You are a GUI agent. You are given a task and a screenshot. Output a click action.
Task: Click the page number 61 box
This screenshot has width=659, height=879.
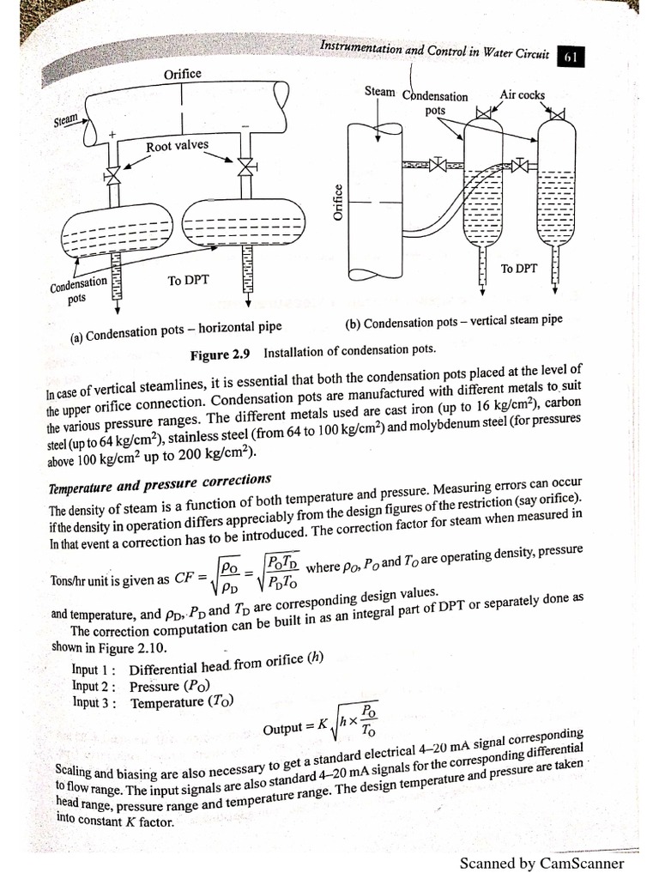pos(571,57)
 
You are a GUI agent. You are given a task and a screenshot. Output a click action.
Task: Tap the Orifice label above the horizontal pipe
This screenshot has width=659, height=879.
pos(182,74)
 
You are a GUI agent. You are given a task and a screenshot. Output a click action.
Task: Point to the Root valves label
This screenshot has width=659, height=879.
pos(177,146)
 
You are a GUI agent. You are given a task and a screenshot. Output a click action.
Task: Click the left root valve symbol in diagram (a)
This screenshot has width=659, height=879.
pos(112,177)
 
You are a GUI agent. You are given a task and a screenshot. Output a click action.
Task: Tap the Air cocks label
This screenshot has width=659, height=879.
pos(522,95)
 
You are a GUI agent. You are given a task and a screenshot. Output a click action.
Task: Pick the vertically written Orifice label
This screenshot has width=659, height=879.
pos(337,203)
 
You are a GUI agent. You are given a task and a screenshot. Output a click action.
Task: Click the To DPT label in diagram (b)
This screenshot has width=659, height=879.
pos(519,269)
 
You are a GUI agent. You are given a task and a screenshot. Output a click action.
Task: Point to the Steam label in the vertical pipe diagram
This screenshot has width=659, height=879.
pos(380,90)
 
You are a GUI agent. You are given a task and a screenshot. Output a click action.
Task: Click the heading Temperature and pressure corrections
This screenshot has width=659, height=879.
pos(160,483)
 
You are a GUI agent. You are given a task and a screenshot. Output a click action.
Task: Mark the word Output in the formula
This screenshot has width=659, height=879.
pos(287,728)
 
